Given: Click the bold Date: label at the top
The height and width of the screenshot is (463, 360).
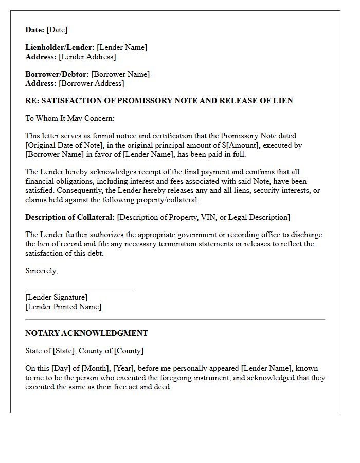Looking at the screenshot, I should (x=35, y=30).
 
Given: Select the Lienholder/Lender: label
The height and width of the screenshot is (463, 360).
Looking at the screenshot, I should (x=60, y=47).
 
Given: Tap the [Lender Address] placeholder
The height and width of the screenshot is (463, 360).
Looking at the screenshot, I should (x=87, y=57).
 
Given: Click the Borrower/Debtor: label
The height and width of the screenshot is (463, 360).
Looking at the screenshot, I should (x=57, y=74).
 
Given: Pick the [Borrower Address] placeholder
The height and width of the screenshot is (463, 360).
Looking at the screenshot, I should (x=92, y=83).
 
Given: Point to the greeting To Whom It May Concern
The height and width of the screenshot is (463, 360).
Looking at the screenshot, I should (x=70, y=118).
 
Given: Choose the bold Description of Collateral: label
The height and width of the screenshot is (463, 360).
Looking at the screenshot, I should (x=70, y=217).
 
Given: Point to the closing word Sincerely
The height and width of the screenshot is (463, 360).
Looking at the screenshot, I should (x=41, y=271).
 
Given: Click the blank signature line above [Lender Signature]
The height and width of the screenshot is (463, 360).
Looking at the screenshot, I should (x=78, y=291).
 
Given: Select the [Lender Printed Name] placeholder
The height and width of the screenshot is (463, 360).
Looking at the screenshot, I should (x=63, y=307).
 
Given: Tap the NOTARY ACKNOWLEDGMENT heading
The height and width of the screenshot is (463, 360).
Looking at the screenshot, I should (x=86, y=333).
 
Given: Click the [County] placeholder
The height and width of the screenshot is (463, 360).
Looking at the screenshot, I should (x=129, y=351).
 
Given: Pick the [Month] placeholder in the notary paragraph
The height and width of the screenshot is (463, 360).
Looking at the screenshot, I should (x=94, y=368).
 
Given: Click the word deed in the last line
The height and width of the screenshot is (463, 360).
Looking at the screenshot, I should (x=161, y=387).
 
